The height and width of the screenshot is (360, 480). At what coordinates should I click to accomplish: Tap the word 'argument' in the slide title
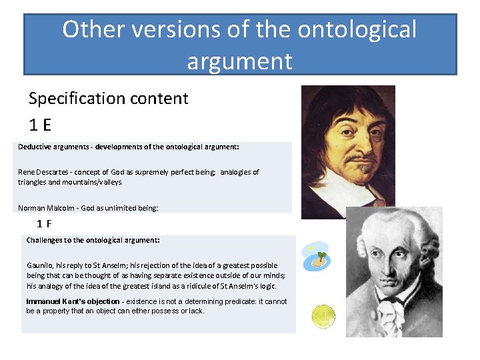point(239,61)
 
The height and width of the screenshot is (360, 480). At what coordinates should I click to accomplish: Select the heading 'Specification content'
point(109,99)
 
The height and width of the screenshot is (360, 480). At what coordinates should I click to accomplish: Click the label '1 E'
point(40,125)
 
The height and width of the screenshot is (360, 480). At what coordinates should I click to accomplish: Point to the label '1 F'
point(45,224)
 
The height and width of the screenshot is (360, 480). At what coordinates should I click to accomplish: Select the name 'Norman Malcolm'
point(45,208)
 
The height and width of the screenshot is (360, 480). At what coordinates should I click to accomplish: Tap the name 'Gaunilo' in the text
point(41,265)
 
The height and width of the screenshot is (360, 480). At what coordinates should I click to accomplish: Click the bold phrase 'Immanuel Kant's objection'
point(73,301)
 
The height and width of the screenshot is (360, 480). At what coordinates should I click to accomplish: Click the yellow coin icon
point(324,317)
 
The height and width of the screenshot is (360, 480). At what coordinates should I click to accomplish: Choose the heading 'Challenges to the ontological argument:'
point(93,239)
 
